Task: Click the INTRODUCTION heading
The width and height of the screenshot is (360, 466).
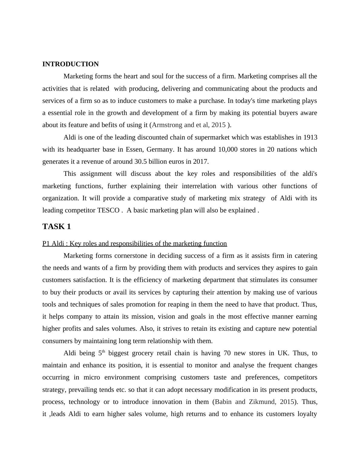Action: click(70, 64)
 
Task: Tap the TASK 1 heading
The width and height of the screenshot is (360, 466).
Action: click(57, 227)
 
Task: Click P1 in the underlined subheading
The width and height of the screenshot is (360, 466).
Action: click(46, 244)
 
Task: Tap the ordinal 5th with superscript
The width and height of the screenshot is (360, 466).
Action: click(101, 353)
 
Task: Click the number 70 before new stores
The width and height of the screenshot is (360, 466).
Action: click(227, 353)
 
